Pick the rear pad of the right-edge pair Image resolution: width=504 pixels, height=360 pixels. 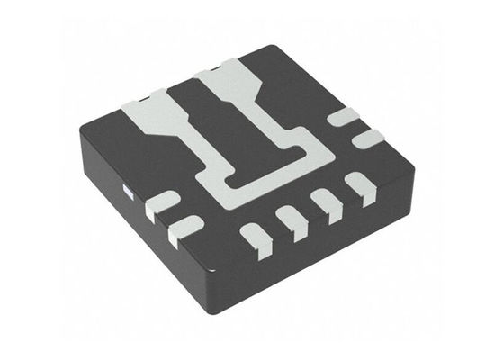[x=342, y=117]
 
